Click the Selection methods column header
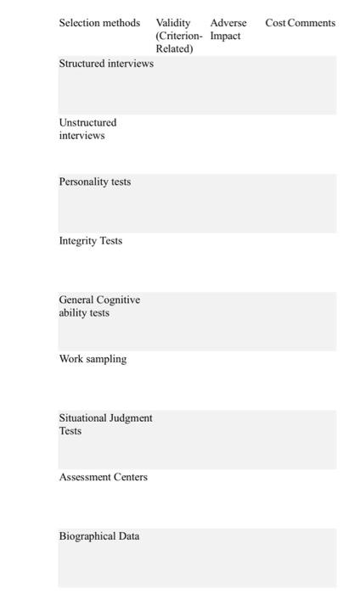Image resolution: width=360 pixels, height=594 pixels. coord(99,23)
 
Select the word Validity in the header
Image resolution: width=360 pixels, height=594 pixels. coord(173,23)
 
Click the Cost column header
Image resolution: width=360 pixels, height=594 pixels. coord(275,23)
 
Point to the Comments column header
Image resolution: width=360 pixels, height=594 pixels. coord(312,23)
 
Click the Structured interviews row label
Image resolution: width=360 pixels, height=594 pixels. coord(106,64)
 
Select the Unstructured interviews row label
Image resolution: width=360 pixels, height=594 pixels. coord(87,129)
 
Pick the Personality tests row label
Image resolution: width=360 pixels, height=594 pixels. coord(94,182)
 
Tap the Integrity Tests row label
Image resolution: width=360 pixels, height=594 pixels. coord(90,241)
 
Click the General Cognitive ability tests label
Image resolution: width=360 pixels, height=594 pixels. coord(98,306)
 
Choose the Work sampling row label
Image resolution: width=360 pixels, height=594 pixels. coord(93,359)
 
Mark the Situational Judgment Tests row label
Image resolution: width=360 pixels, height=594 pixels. coord(105,424)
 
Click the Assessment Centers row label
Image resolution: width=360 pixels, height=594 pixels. coord(103,477)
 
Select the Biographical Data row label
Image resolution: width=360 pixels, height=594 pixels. coord(98,536)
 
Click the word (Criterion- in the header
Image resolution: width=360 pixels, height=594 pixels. coord(179,36)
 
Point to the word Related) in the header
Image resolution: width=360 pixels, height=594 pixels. coord(174,48)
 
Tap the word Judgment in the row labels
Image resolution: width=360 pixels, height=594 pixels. coord(131,418)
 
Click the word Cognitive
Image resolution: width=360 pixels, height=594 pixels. coord(118,300)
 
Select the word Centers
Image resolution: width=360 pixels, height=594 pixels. coord(130,477)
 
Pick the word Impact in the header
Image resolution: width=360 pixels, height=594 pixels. coord(225,36)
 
